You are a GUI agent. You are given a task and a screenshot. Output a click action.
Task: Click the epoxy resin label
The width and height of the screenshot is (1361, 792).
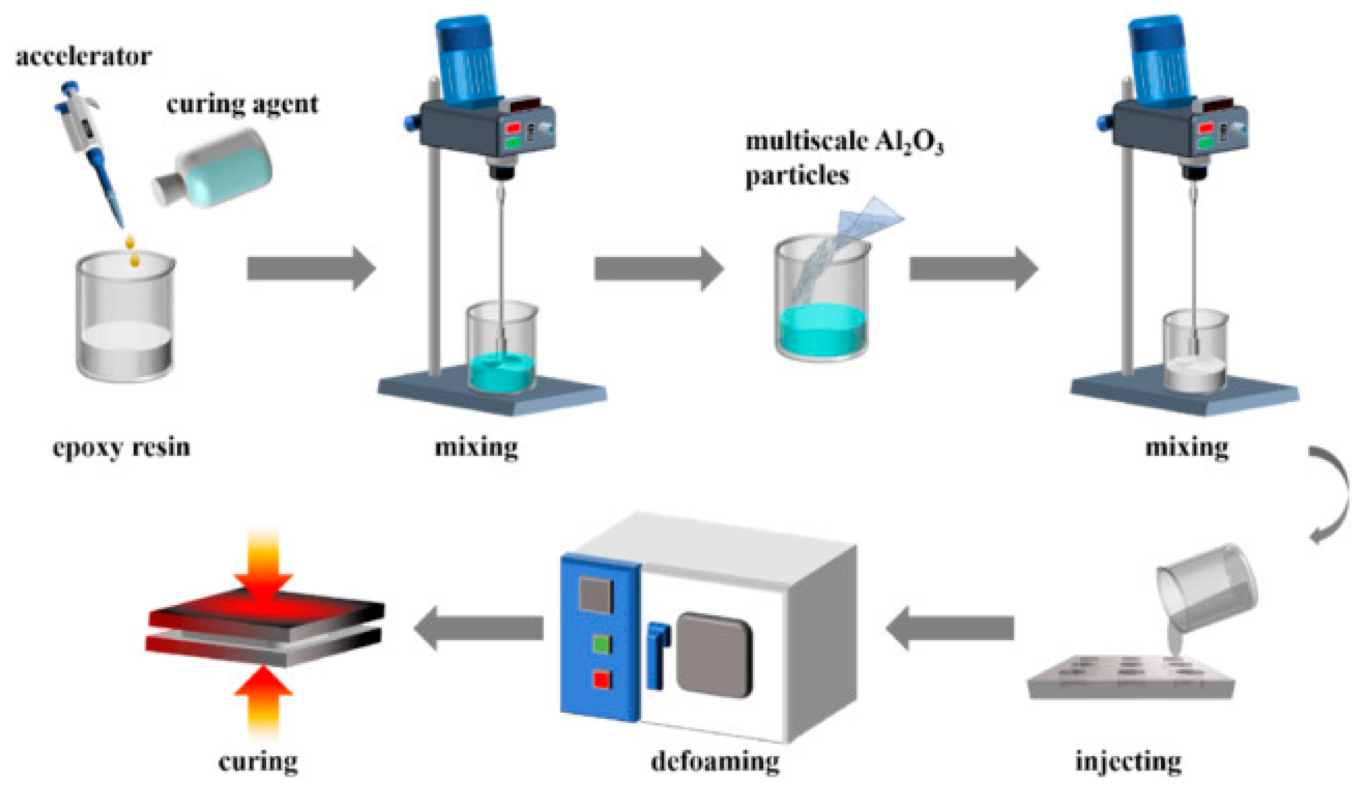coord(122,447)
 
